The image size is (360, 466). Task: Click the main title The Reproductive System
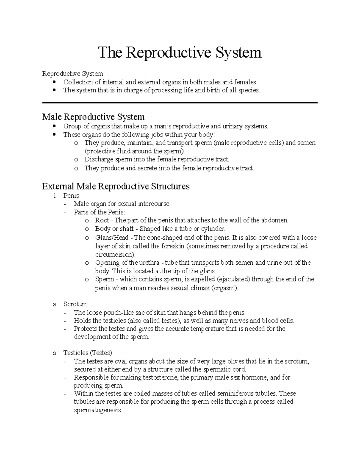[180, 53]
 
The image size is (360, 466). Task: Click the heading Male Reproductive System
[93, 117]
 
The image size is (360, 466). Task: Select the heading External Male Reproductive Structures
[116, 186]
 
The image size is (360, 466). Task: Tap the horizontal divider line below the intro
[180, 103]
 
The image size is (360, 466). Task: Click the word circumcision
[115, 254]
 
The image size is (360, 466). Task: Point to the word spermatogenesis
[98, 410]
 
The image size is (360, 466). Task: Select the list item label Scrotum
[75, 304]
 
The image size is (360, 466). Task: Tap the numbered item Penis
[71, 196]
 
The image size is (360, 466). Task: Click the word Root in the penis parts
[102, 220]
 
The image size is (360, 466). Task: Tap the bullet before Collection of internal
[54, 82]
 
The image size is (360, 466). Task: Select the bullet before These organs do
[54, 135]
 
